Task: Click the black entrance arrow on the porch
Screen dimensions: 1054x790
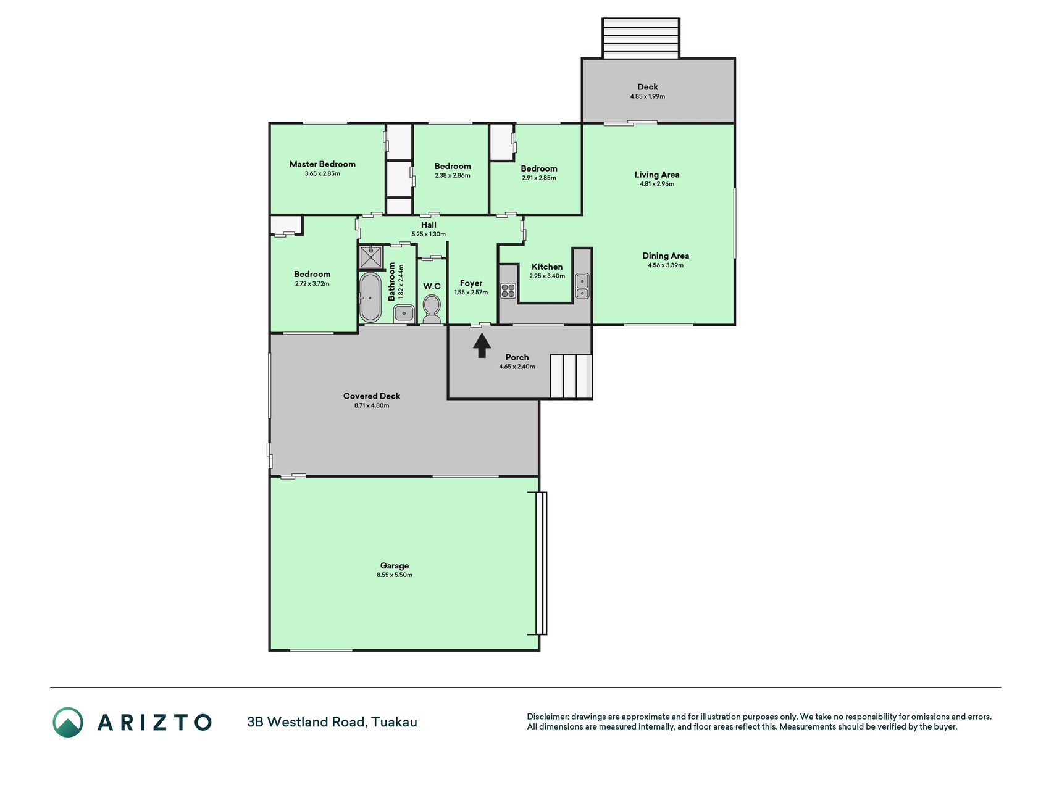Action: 482,346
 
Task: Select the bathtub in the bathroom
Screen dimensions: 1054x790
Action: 370,297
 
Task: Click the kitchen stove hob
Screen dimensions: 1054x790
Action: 508,290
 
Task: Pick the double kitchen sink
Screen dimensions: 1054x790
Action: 582,286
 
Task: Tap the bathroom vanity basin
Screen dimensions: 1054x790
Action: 404,314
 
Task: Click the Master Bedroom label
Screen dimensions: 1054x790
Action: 322,164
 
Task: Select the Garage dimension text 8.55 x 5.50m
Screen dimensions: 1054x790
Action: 395,575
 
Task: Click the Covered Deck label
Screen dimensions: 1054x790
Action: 372,396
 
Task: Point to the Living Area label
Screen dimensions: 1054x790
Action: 657,175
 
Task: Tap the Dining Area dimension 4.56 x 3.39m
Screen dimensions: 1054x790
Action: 666,265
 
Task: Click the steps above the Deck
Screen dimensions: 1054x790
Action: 641,38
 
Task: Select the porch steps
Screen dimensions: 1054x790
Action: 571,376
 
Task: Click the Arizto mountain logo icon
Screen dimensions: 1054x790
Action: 68,722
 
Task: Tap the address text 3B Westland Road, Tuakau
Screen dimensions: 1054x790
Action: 332,722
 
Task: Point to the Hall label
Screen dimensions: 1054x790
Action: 429,225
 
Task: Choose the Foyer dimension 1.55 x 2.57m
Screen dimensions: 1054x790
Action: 471,293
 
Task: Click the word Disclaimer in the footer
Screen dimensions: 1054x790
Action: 547,717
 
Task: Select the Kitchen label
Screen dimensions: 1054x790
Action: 547,267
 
